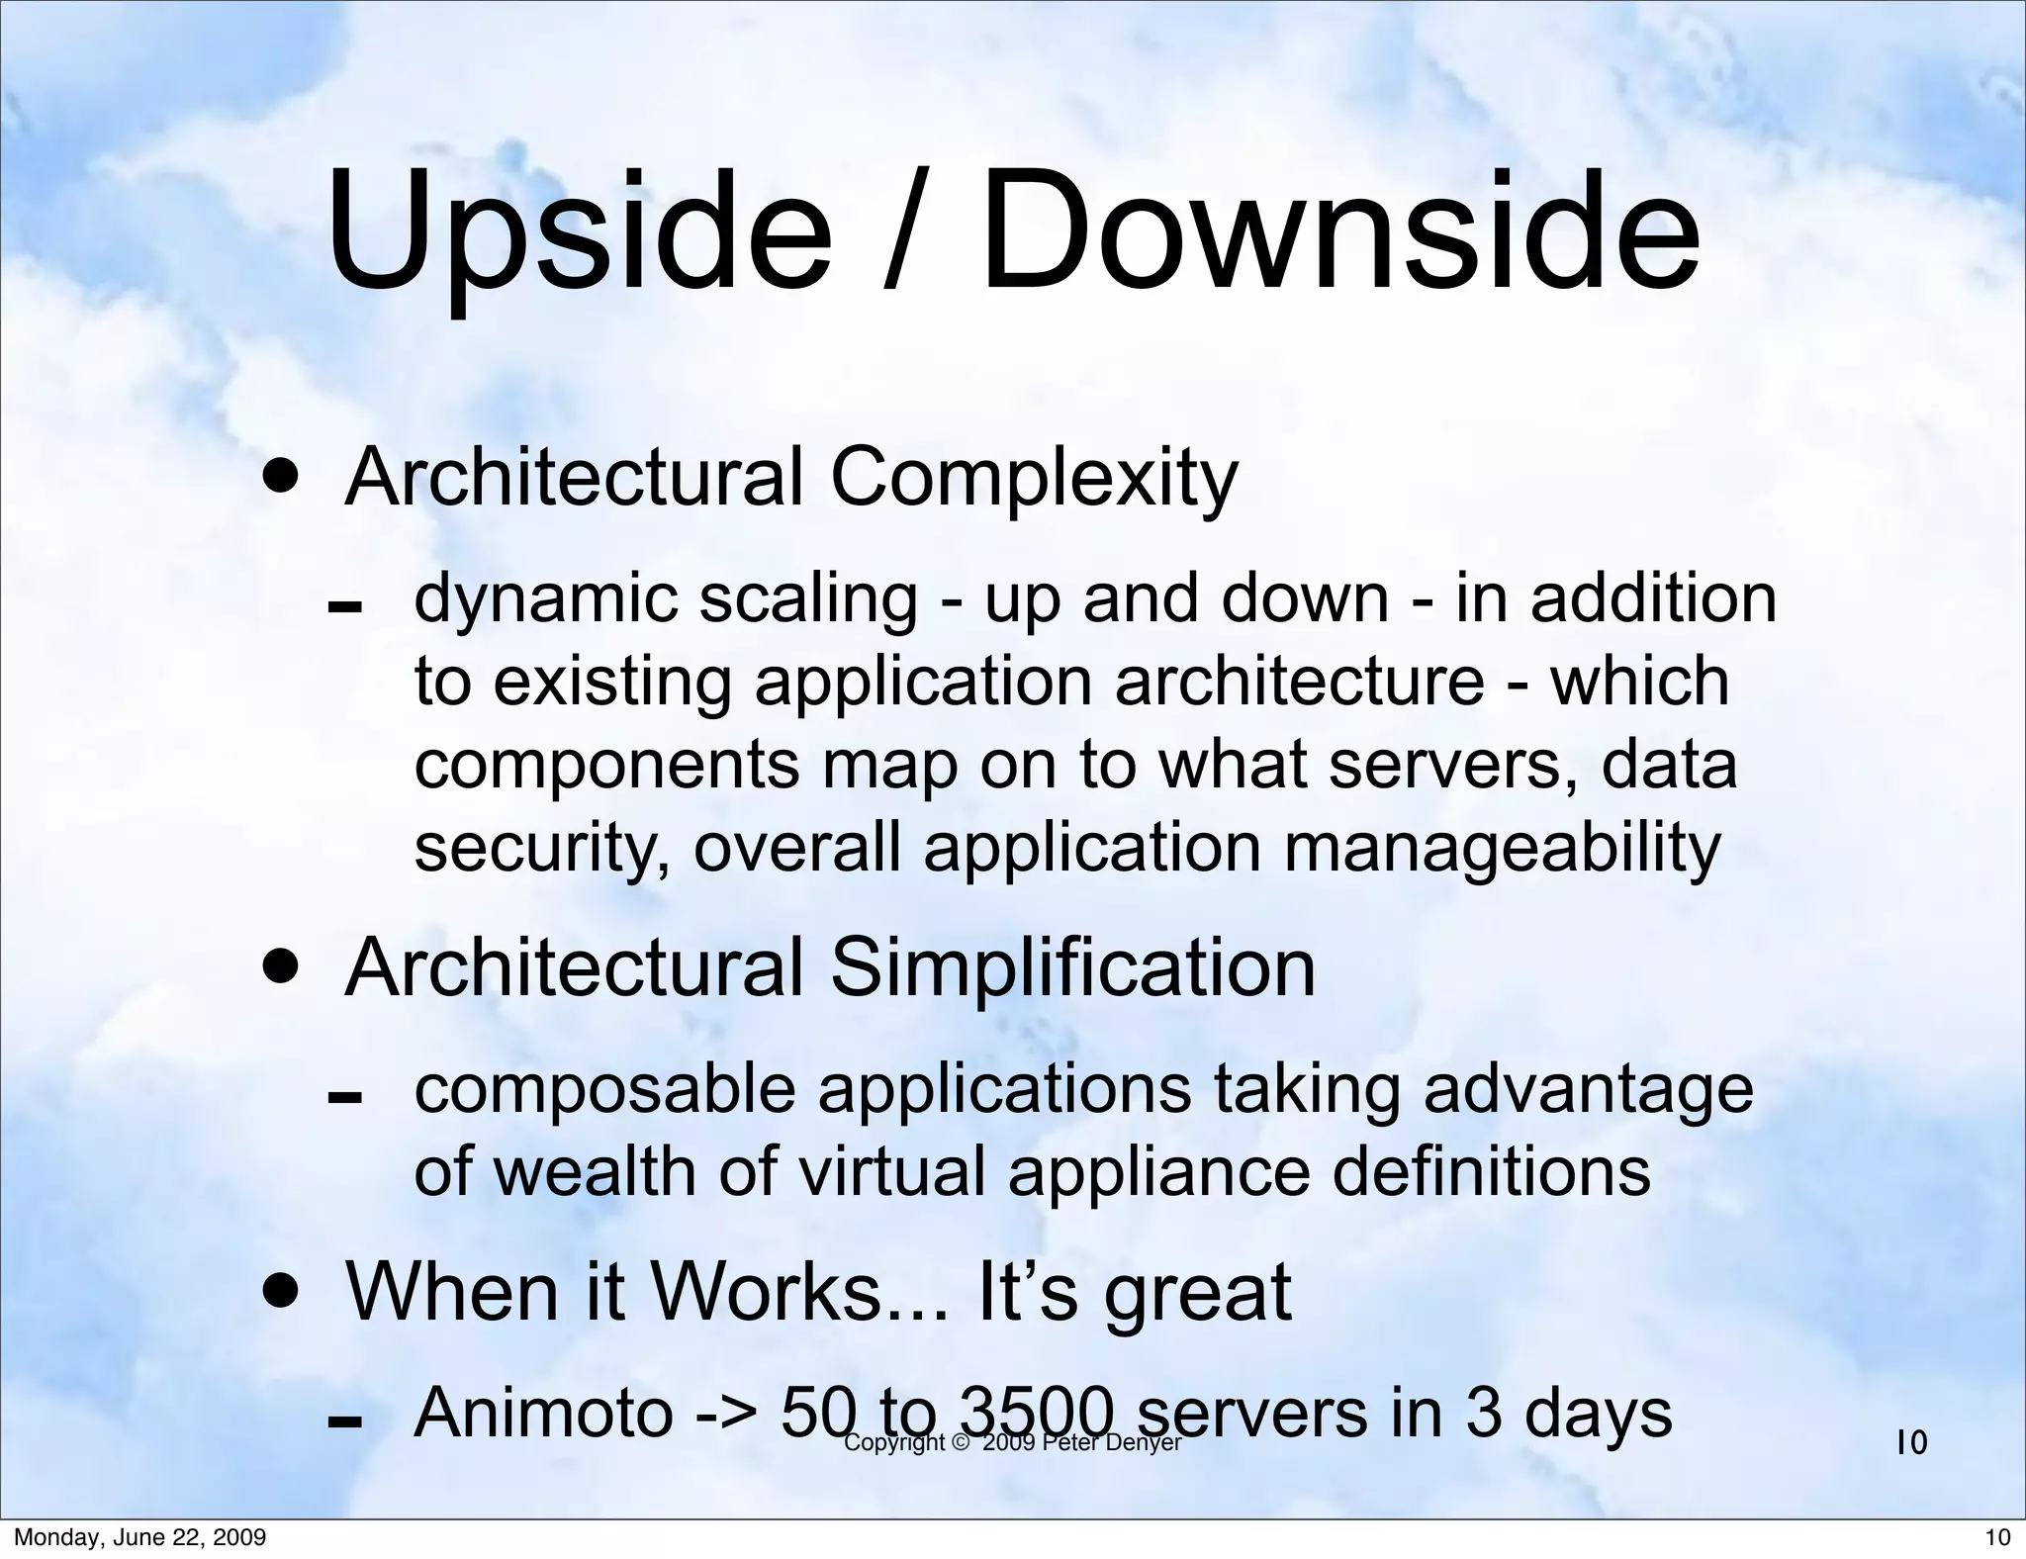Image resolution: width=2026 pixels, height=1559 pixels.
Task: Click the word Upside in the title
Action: click(579, 232)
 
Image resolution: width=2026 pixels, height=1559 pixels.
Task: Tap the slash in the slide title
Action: click(902, 232)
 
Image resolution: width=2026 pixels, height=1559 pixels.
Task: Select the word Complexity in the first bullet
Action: click(1034, 479)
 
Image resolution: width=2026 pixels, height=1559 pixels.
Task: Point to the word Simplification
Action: click(1072, 968)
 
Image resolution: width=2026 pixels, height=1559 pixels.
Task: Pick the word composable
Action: click(604, 1091)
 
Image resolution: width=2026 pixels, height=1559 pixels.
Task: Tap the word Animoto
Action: click(543, 1414)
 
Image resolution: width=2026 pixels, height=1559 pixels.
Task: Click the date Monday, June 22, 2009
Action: click(139, 1537)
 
